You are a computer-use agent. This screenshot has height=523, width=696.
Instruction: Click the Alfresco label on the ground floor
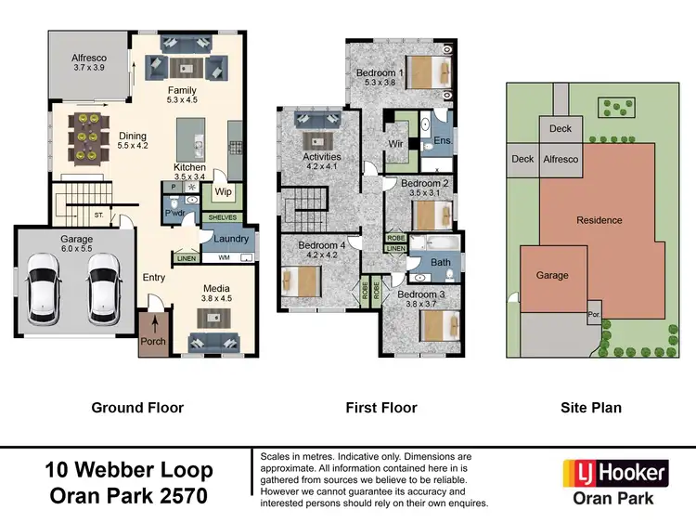[90, 58]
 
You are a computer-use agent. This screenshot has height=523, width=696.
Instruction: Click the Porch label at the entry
[152, 341]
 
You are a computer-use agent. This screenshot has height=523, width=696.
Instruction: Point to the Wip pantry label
[223, 192]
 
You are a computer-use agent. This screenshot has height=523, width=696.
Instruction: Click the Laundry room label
[231, 239]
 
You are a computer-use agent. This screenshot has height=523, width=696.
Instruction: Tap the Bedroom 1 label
[380, 72]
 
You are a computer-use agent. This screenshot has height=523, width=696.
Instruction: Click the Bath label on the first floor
[440, 263]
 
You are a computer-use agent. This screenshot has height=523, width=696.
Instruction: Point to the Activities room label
[322, 157]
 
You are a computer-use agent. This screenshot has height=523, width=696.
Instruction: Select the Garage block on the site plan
[552, 275]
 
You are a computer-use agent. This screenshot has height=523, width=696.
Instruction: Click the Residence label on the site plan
[599, 220]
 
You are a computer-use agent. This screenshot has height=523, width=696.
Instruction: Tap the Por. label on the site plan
[593, 316]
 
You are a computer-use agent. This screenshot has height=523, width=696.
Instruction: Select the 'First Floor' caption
[380, 407]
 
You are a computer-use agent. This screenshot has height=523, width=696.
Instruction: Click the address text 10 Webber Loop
[129, 470]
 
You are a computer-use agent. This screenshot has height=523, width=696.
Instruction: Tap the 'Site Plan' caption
[591, 407]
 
